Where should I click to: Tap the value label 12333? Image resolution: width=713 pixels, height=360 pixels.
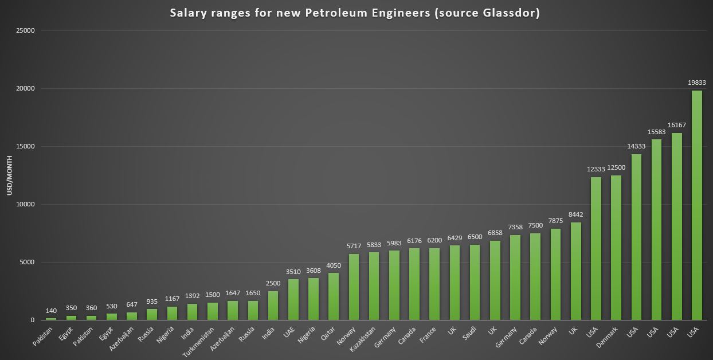596,169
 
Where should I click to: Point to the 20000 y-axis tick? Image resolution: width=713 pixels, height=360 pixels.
25,89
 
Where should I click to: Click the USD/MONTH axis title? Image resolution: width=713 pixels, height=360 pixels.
10,175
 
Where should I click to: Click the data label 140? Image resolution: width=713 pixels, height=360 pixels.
51,310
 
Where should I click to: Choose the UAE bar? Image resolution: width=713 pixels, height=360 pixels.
293,299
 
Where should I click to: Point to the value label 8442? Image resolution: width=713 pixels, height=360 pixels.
575,214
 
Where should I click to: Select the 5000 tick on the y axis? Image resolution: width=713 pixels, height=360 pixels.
27,263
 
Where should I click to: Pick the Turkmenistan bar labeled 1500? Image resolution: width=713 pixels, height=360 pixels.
212,311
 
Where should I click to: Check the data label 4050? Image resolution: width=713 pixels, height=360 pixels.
333,265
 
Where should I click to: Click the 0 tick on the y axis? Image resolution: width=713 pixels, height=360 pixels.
33,320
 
